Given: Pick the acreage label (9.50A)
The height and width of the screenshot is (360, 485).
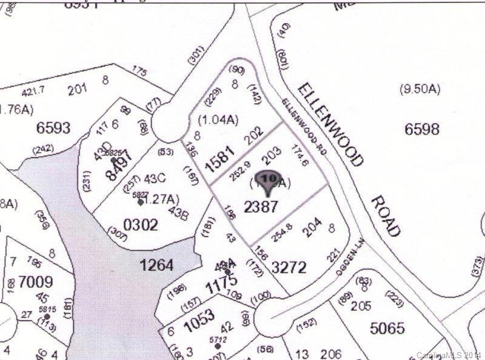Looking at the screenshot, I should coord(419,90).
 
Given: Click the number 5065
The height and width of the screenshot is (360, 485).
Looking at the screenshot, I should coord(386,328).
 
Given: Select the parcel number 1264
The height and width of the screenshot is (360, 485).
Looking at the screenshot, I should coord(156,265).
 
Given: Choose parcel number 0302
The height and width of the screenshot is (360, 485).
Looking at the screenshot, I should coord(141,225).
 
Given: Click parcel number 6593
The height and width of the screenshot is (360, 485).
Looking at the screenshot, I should coord(53,128).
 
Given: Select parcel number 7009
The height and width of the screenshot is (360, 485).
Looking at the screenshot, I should coord(36,282).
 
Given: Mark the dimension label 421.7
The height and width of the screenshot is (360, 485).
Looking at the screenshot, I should coord(33,92).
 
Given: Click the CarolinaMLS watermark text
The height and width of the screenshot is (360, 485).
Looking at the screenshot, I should coord(449,355).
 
